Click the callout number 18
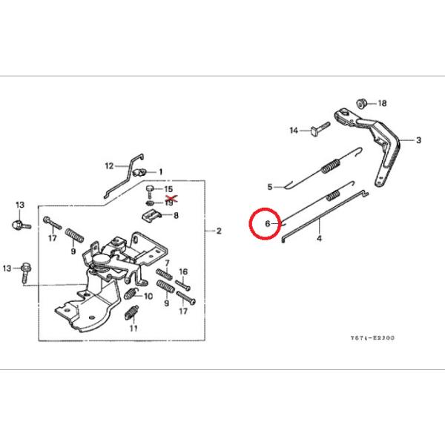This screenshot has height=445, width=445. [383, 103]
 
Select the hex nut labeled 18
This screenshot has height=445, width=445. [363, 101]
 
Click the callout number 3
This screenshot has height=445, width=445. [418, 139]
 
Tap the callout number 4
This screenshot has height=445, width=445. [320, 239]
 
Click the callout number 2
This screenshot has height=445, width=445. [219, 231]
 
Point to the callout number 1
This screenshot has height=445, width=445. [160, 171]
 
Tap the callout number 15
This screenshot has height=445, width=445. [168, 191]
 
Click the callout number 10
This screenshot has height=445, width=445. [149, 296]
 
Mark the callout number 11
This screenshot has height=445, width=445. [134, 327]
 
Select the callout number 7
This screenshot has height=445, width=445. [168, 263]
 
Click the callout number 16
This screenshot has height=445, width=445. [184, 271]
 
